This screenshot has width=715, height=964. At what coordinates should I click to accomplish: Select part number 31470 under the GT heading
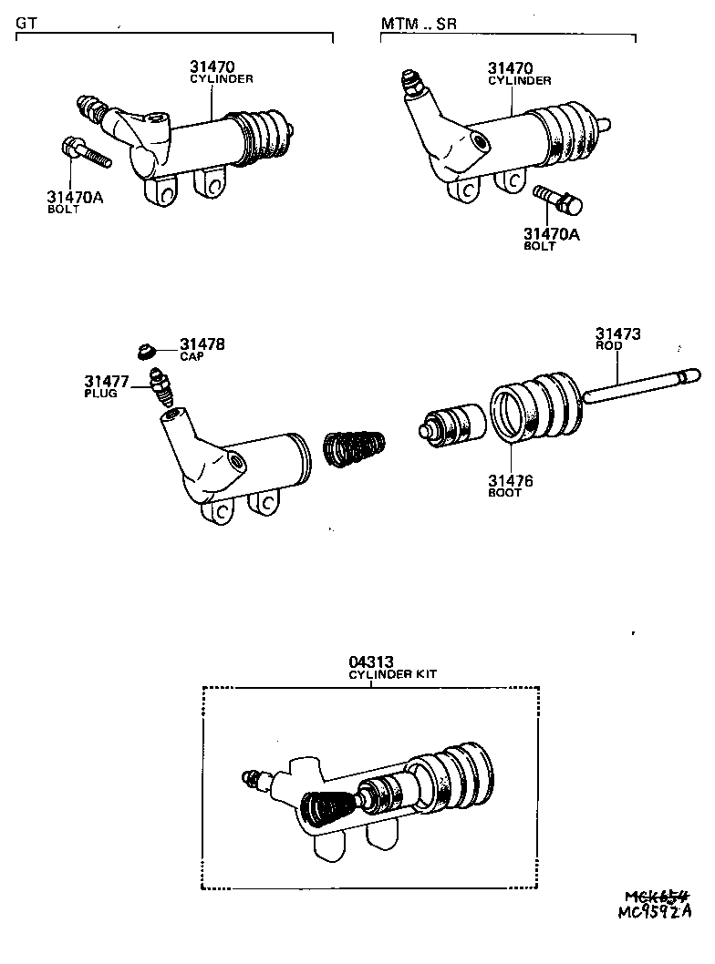pyautogui.click(x=212, y=67)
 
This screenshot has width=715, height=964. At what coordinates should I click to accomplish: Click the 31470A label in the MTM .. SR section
pyautogui.click(x=551, y=234)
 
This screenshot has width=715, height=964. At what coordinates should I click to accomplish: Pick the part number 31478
pyautogui.click(x=202, y=344)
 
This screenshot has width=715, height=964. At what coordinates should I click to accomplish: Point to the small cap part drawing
pyautogui.click(x=144, y=352)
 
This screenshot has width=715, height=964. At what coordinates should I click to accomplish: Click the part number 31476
pyautogui.click(x=509, y=480)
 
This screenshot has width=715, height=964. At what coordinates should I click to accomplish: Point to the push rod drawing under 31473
pyautogui.click(x=638, y=385)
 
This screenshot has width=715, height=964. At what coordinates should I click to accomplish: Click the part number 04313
pyautogui.click(x=370, y=662)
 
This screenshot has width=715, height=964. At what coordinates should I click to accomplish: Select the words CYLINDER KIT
pyautogui.click(x=393, y=674)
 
